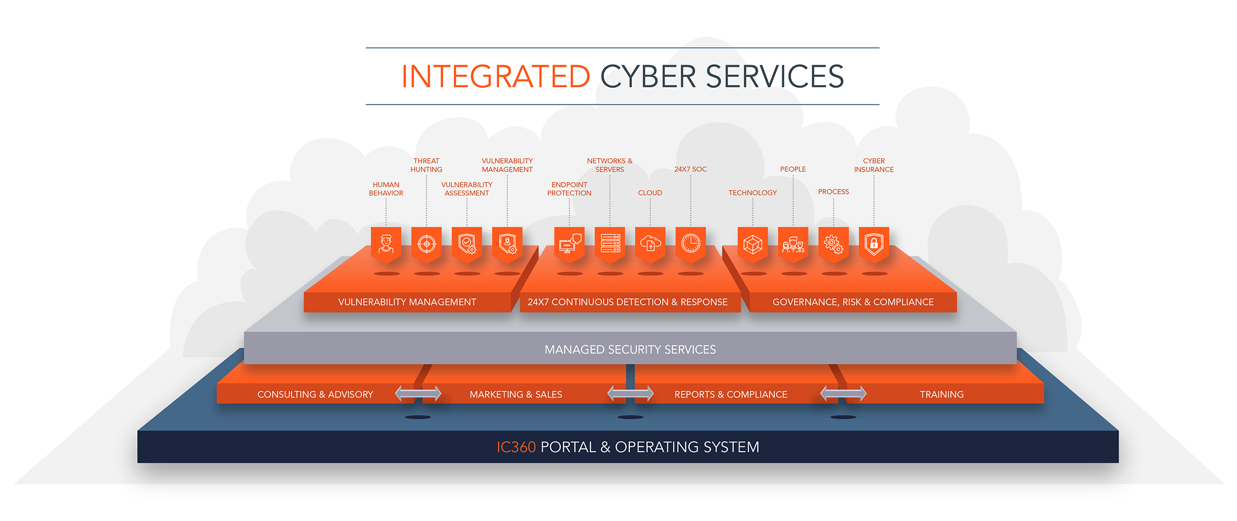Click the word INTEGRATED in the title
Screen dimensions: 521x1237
[x=495, y=76]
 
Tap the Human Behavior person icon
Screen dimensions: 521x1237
[x=386, y=244]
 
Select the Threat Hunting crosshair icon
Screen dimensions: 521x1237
[x=426, y=244]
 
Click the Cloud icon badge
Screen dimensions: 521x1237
[x=650, y=244]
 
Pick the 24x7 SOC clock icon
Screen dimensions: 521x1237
[x=691, y=244]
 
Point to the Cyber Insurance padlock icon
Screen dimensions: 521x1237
[x=874, y=244]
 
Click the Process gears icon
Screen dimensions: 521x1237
[x=834, y=244]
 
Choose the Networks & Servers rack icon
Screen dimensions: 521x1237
[x=610, y=244]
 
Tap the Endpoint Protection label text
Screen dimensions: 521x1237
[x=569, y=189]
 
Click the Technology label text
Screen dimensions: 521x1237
[x=752, y=193]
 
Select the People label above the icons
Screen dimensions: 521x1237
[x=793, y=169]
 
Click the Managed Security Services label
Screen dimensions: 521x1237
[x=630, y=350]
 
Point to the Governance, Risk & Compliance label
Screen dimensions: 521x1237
[x=853, y=302]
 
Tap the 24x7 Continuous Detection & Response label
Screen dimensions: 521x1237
[x=627, y=302]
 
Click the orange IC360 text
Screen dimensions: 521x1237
[x=516, y=447]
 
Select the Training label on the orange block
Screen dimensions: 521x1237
[x=941, y=395]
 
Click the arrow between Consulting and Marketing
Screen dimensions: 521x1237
[x=418, y=394]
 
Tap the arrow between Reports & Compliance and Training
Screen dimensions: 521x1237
[x=843, y=394]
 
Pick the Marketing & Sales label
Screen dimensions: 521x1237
[x=516, y=395]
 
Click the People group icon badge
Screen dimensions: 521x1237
[x=793, y=244]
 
